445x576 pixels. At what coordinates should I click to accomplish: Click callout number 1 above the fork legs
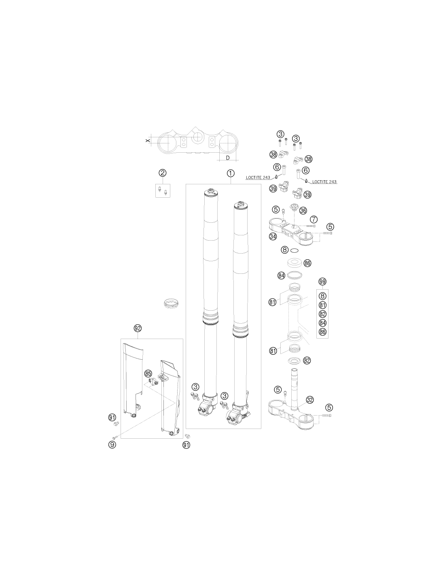pyautogui.click(x=230, y=173)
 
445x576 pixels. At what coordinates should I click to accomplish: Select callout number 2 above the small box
pyautogui.click(x=163, y=173)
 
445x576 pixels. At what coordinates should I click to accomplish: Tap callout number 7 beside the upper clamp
pyautogui.click(x=314, y=219)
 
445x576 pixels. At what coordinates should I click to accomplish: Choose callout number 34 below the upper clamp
pyautogui.click(x=273, y=236)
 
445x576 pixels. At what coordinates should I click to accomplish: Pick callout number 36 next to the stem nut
pyautogui.click(x=303, y=211)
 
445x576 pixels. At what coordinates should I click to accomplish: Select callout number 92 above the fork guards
pyautogui.click(x=138, y=329)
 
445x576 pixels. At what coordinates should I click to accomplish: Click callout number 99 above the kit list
pyautogui.click(x=322, y=282)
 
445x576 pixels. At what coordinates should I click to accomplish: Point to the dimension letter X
pyautogui.click(x=148, y=140)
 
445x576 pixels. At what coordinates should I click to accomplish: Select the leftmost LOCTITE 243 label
pyautogui.click(x=258, y=177)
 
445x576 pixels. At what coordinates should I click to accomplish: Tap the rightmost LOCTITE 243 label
pyautogui.click(x=324, y=182)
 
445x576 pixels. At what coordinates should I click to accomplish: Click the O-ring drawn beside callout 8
pyautogui.click(x=295, y=250)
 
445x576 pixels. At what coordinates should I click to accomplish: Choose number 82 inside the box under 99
pyautogui.click(x=322, y=314)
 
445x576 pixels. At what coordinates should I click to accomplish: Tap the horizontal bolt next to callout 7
pyautogui.click(x=311, y=226)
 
